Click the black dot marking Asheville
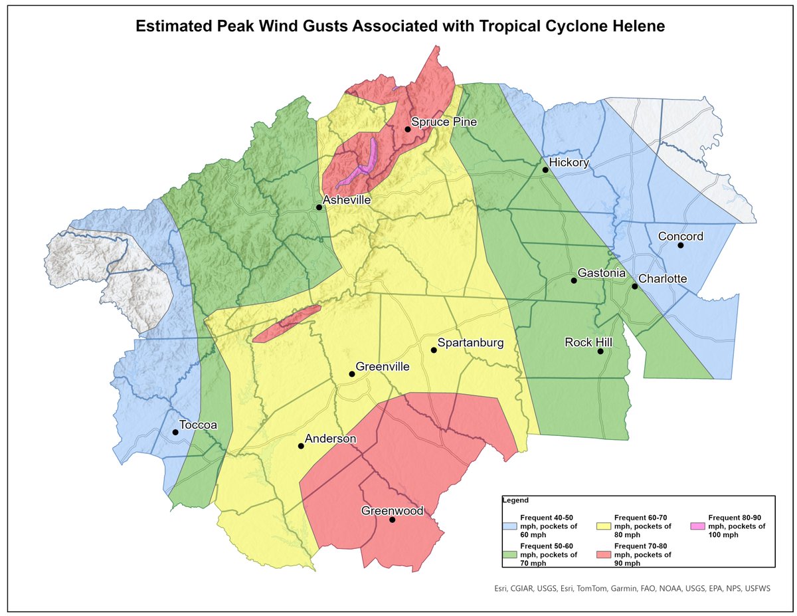[x=319, y=207]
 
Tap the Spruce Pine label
[x=444, y=122]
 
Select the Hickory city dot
[x=545, y=169]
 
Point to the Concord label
[x=680, y=237]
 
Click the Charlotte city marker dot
[x=634, y=286]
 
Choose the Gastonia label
[x=602, y=273]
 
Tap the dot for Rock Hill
[x=600, y=352]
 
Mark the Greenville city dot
[x=352, y=374]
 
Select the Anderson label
[x=331, y=439]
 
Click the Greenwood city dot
[x=392, y=520]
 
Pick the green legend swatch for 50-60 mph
[x=510, y=554]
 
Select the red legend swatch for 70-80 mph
[x=604, y=554]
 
